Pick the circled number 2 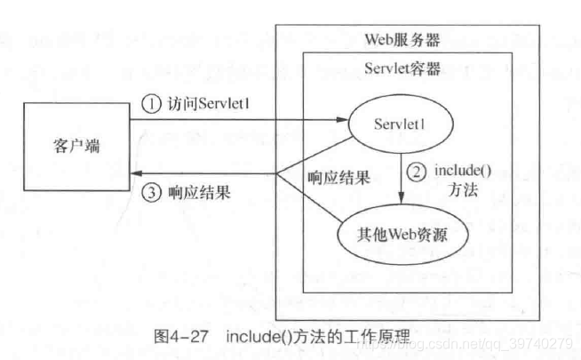coord(415,171)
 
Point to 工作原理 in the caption coord(373,338)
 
